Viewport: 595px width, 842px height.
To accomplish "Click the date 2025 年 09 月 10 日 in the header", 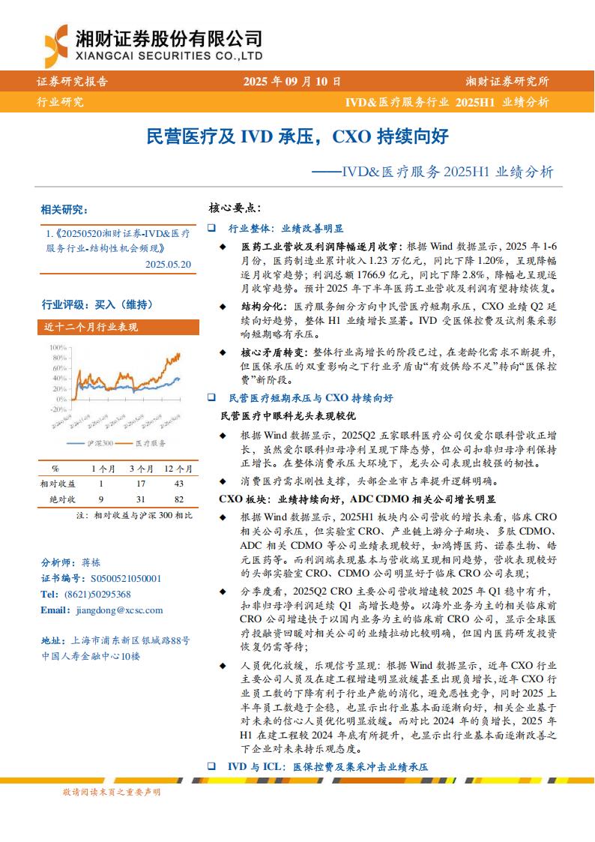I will coord(292,82).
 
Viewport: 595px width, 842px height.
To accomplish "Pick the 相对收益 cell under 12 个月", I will coord(178,484).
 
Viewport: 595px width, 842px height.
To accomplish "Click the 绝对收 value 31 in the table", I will coord(140,499).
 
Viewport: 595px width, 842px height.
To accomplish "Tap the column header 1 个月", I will coord(103,469).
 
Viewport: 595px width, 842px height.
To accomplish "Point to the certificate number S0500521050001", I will coord(124,578).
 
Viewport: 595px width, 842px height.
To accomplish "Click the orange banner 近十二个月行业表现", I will coord(91,327).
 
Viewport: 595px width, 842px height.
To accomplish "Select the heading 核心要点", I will coord(234,208).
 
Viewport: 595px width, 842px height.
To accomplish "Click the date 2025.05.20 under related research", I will coord(169,264).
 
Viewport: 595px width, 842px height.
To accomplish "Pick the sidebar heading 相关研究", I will coord(64,209).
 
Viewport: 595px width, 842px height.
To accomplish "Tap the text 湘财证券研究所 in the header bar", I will coord(507,82).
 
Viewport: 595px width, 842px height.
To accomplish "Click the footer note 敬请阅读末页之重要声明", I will coord(112,792).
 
